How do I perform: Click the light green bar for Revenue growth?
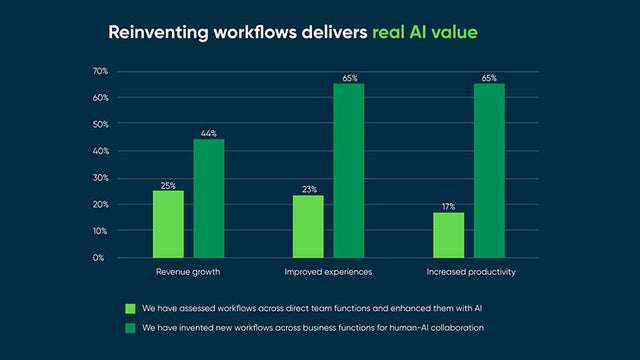(168, 224)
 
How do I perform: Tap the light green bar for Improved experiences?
(308, 226)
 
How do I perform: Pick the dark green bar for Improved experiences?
(349, 170)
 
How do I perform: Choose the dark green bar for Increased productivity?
(489, 170)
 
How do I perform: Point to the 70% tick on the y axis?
(99, 71)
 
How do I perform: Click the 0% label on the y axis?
(101, 257)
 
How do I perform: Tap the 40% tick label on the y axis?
(99, 151)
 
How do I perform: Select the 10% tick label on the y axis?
(99, 230)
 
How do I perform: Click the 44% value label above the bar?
(209, 133)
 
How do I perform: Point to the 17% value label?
(448, 206)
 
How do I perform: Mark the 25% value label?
(168, 184)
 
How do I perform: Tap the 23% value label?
(308, 189)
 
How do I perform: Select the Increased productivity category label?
(468, 271)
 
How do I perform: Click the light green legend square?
(129, 308)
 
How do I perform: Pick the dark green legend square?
(129, 327)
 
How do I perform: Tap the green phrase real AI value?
(424, 32)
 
